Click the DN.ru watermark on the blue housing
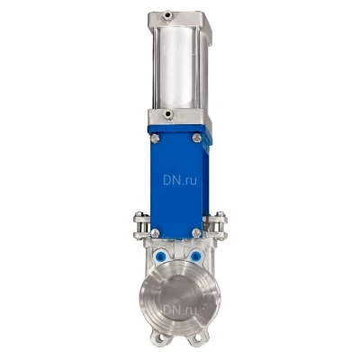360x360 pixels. (x=180, y=180)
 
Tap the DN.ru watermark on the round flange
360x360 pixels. (x=180, y=310)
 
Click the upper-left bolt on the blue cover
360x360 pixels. (x=155, y=139)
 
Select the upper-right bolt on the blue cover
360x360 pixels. (x=196, y=138)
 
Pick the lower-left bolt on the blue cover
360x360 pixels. (x=155, y=233)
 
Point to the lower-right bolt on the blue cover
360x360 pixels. (x=196, y=232)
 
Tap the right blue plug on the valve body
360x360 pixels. (x=195, y=256)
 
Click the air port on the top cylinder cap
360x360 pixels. (x=168, y=15)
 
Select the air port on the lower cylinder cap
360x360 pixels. (x=168, y=114)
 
